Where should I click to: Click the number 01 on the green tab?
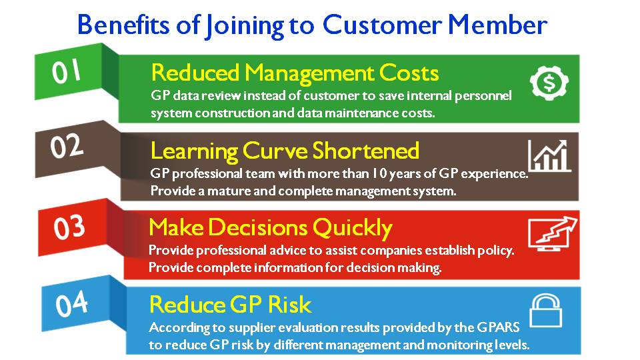(66, 71)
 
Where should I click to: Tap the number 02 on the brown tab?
(67, 146)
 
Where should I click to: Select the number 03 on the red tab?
(69, 227)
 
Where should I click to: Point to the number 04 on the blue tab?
(71, 304)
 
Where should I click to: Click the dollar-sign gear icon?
(549, 83)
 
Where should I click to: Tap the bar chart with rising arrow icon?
(549, 155)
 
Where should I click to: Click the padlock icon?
(546, 311)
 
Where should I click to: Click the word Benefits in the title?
(123, 25)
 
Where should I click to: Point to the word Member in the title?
(497, 25)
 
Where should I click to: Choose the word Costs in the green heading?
(409, 73)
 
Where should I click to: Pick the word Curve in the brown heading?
(275, 151)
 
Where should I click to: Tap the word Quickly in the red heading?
(353, 228)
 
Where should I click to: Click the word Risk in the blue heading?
(289, 305)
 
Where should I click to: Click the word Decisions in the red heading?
(257, 227)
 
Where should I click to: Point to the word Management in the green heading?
(309, 74)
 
